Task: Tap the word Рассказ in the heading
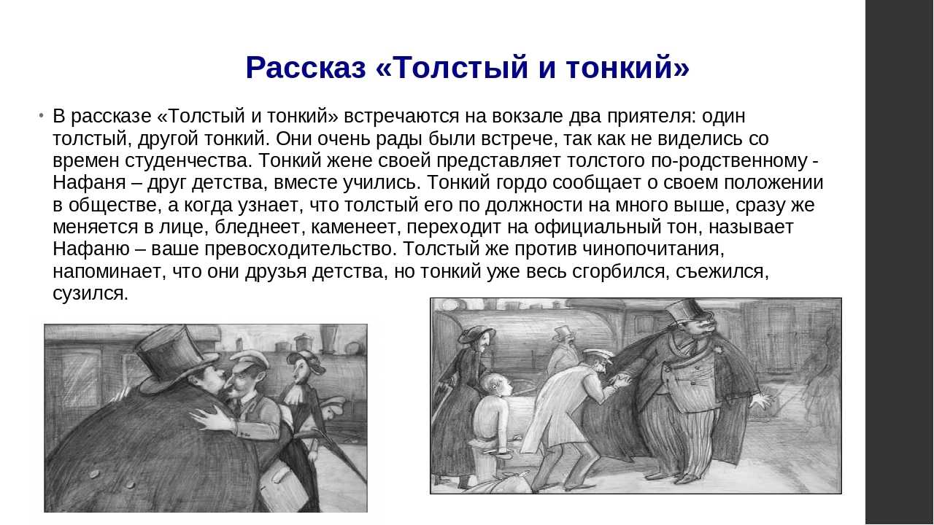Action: pos(305,68)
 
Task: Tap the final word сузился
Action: pos(90,293)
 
